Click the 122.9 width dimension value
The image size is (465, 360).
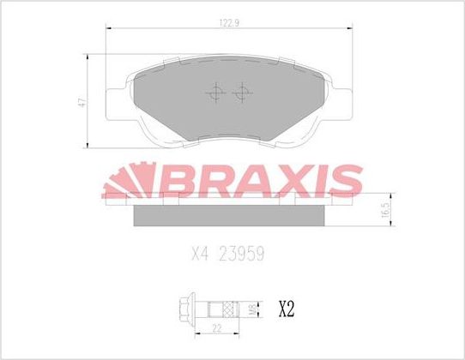click(228, 21)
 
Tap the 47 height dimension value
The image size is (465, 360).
click(81, 100)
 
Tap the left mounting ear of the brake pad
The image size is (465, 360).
click(114, 102)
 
